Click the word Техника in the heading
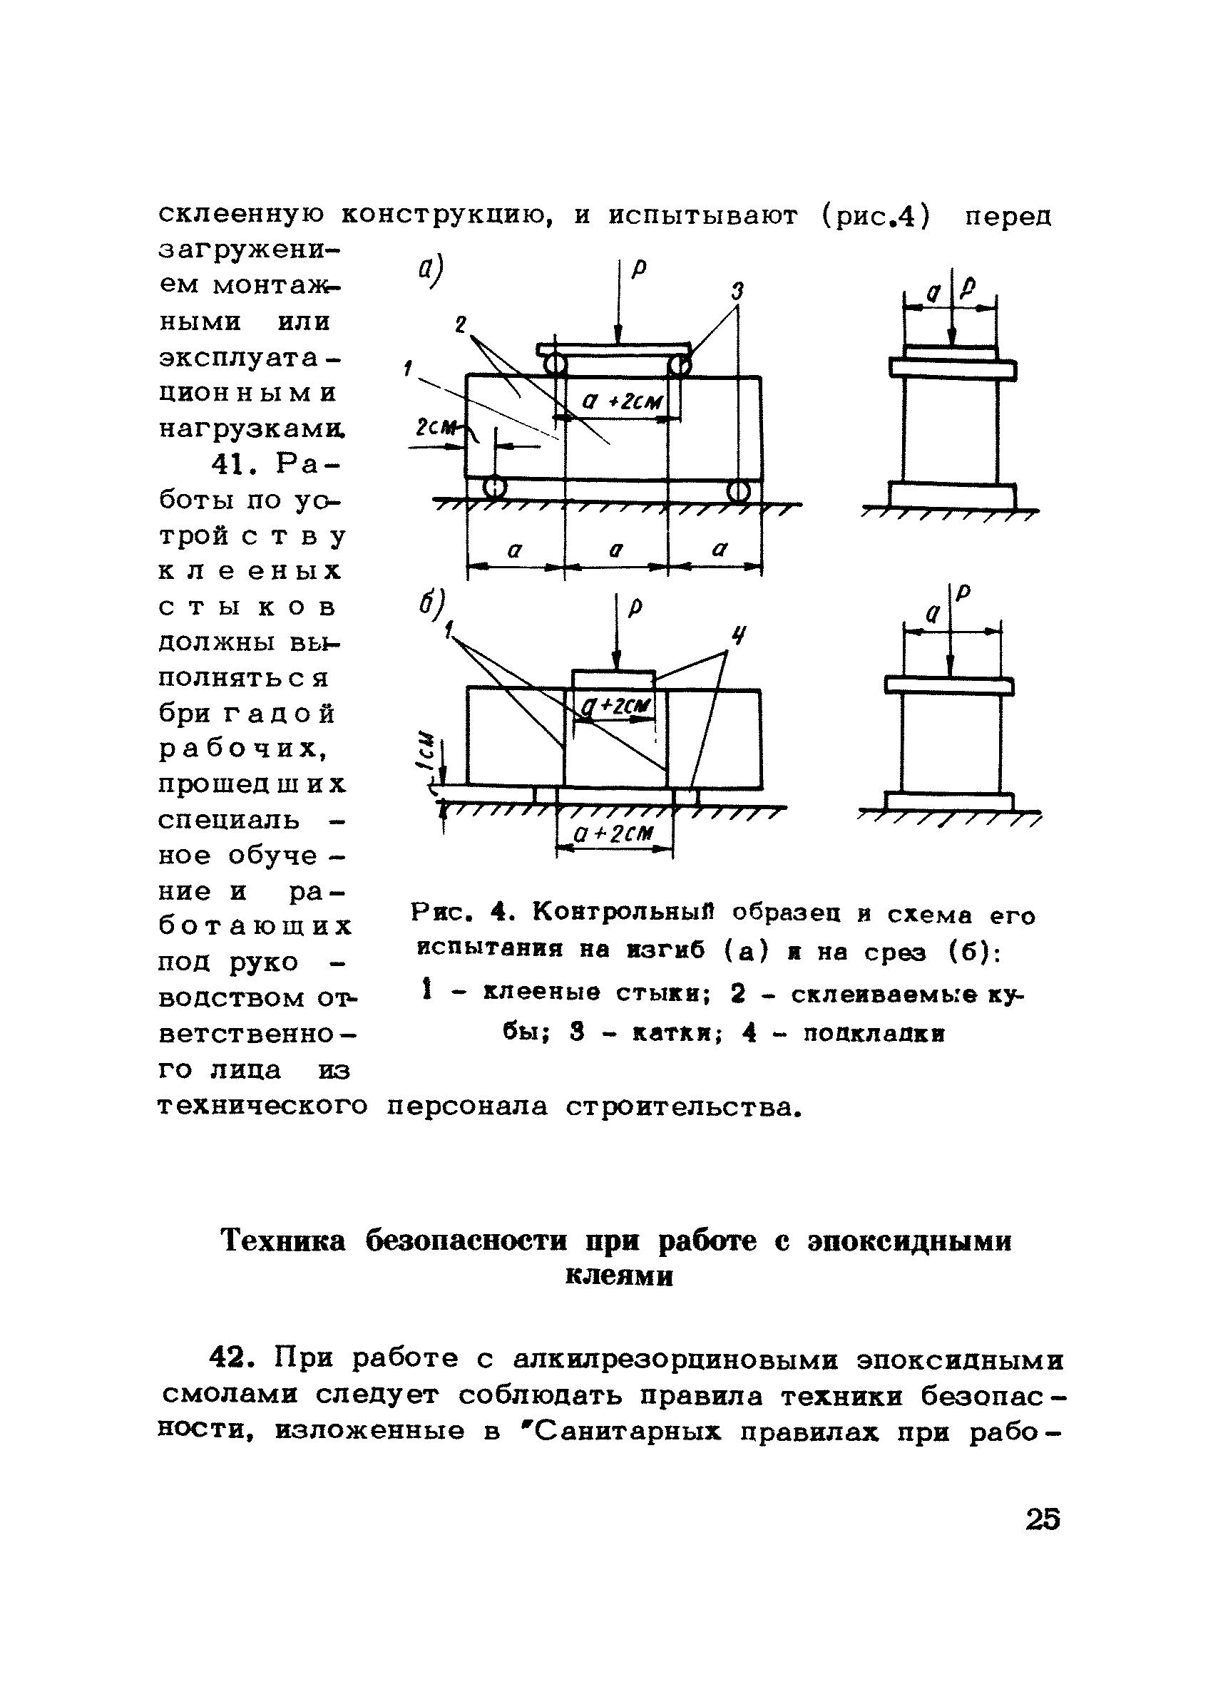tap(284, 1241)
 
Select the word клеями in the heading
tap(619, 1275)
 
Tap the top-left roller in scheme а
tap(554, 365)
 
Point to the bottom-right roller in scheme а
tap(737, 490)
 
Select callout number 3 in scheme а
tap(736, 292)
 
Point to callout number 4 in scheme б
tap(737, 635)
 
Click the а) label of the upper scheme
tap(429, 271)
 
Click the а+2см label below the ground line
tap(613, 834)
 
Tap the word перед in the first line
tap(1008, 216)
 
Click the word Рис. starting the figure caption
tap(443, 913)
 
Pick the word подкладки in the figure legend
tap(874, 1033)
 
